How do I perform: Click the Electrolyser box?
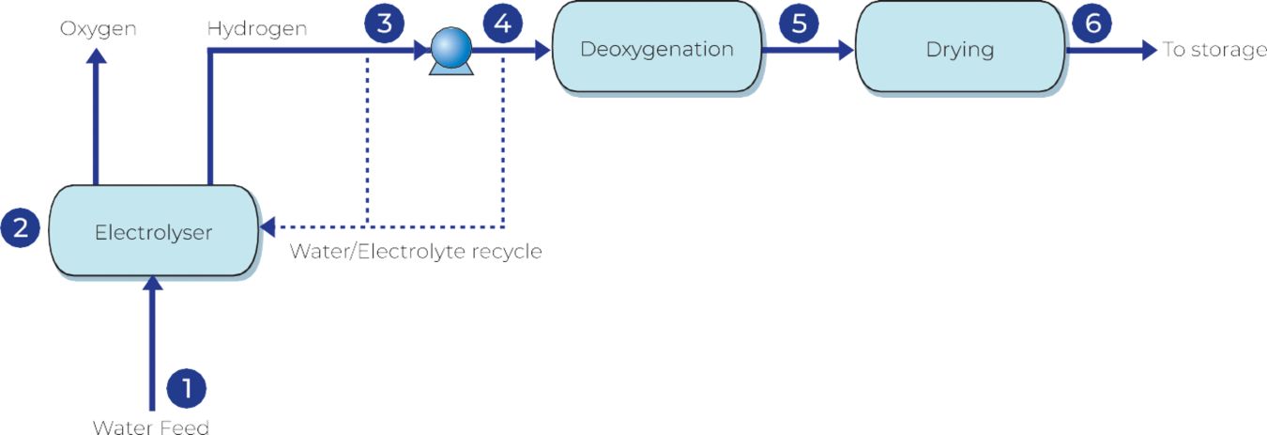click(x=153, y=231)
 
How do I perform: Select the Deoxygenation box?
click(x=656, y=49)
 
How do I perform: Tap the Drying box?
click(x=959, y=49)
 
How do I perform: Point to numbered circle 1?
click(x=186, y=386)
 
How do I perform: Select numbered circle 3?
click(x=384, y=23)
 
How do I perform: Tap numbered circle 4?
click(x=503, y=23)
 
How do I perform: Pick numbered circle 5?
click(x=799, y=23)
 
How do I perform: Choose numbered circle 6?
click(x=1092, y=23)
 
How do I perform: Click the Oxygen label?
click(x=99, y=28)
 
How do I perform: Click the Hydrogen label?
click(x=256, y=28)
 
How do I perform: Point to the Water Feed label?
click(x=150, y=427)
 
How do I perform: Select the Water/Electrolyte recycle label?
click(x=415, y=252)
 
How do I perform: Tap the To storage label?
click(x=1214, y=50)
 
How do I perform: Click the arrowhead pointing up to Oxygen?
click(x=97, y=54)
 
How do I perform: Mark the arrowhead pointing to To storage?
click(x=1149, y=51)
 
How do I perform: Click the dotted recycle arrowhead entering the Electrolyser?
click(x=268, y=227)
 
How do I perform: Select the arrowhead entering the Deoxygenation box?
click(x=542, y=51)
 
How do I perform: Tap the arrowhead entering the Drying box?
click(x=846, y=51)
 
